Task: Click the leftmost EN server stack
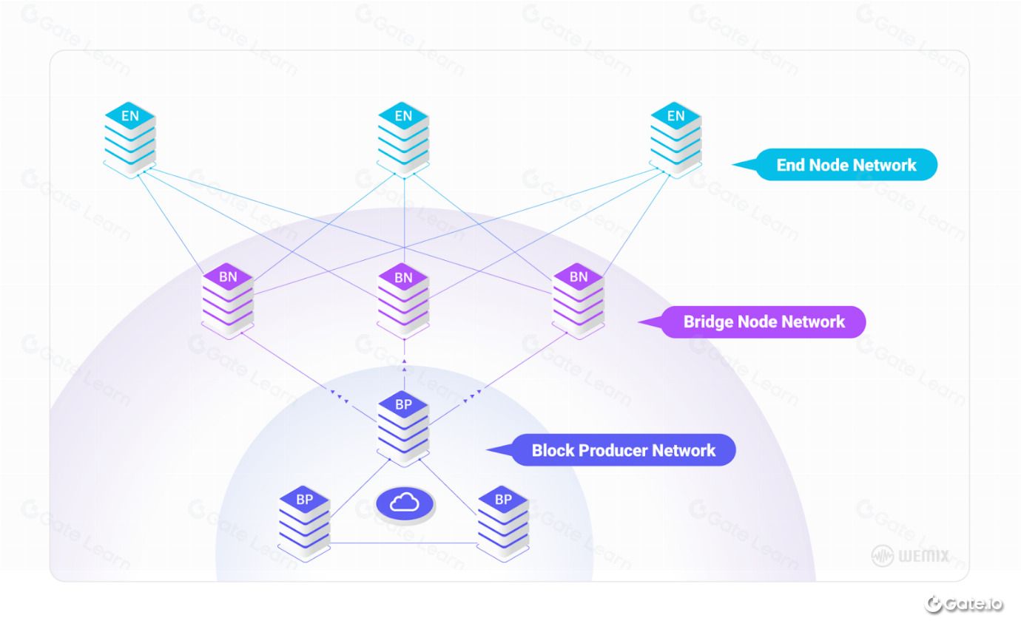click(x=130, y=140)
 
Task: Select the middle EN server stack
click(x=403, y=140)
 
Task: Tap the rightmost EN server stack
click(x=676, y=140)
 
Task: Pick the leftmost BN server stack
click(x=228, y=301)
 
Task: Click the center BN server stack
click(x=403, y=301)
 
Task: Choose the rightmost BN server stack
click(x=579, y=301)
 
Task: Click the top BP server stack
click(x=403, y=429)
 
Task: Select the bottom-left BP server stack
click(x=304, y=523)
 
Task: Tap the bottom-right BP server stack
click(x=503, y=523)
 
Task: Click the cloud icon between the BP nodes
click(x=405, y=505)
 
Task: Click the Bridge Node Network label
click(x=752, y=322)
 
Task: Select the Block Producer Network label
click(x=612, y=450)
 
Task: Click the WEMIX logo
click(x=911, y=556)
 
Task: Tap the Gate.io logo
click(x=963, y=604)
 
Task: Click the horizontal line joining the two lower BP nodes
click(x=403, y=543)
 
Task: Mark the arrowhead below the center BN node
click(x=404, y=361)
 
